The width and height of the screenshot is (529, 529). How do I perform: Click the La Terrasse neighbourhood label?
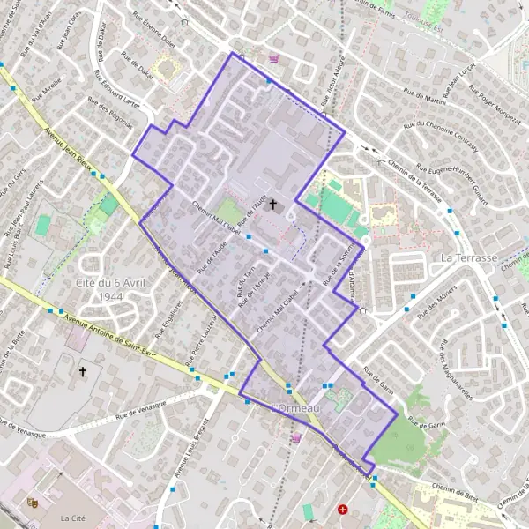[471, 258]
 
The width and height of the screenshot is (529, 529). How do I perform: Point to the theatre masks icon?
[34, 502]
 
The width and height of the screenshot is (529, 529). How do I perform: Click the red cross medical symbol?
[343, 510]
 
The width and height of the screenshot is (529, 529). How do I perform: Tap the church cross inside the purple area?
[272, 205]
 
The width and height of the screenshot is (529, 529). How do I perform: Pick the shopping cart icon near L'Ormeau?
[296, 436]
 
